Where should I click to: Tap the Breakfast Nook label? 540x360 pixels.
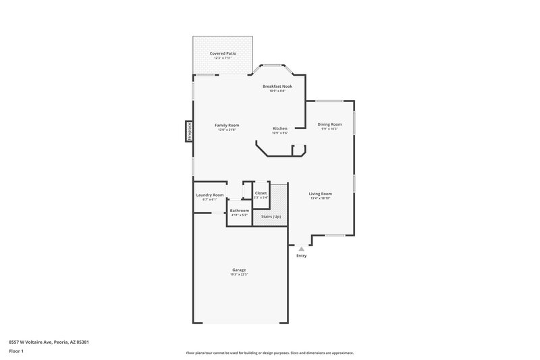click(277, 86)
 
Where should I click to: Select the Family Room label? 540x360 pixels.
click(227, 125)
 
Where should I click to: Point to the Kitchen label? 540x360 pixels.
click(280, 128)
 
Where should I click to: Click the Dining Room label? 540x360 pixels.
click(329, 124)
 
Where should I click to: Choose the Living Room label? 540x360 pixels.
click(321, 194)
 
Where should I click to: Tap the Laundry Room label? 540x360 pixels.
click(210, 195)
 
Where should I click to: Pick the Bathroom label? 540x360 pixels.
click(240, 211)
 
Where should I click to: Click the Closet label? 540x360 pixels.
click(261, 193)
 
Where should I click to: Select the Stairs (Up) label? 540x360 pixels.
click(271, 217)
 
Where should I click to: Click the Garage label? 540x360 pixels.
click(240, 270)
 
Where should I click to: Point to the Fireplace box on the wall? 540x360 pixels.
click(188, 131)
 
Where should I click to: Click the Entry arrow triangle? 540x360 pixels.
click(301, 249)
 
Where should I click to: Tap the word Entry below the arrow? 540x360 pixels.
click(301, 256)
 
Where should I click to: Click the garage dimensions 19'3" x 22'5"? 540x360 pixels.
click(240, 275)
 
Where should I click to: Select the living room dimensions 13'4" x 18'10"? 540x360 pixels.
click(321, 199)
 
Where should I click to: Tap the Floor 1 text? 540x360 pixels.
click(17, 352)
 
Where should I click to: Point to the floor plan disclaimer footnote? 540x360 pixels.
click(269, 353)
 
